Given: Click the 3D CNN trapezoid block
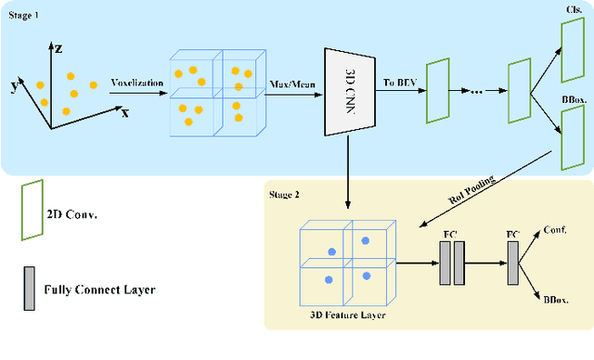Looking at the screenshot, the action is (x=350, y=92).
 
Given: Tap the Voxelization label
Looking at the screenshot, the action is (x=137, y=83).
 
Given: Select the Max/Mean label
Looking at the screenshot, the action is (x=292, y=84).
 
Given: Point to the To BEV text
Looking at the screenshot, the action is (x=400, y=83).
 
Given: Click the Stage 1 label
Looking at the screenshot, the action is (x=23, y=15).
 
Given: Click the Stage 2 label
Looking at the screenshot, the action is (x=284, y=195).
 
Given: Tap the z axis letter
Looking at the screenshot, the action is (x=58, y=49).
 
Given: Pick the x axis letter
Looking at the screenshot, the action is (x=125, y=113).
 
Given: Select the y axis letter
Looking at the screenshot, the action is (x=15, y=86).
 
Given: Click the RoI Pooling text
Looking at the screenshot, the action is (x=471, y=189).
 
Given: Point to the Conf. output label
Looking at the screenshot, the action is (x=555, y=230).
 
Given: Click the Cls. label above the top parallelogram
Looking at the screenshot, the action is (x=575, y=10).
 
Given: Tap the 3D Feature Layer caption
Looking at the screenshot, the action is (x=348, y=315).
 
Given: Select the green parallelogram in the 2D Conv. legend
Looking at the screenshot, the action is (x=32, y=210).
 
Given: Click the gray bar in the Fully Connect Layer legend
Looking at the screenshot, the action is (x=29, y=289).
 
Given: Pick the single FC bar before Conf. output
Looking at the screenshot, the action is (x=513, y=264).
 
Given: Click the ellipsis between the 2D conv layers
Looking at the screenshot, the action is (x=476, y=92).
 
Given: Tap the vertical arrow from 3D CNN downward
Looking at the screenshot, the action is (x=348, y=173).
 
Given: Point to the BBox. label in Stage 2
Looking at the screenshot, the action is (x=556, y=300).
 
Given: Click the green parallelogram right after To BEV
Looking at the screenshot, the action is (x=438, y=91).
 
